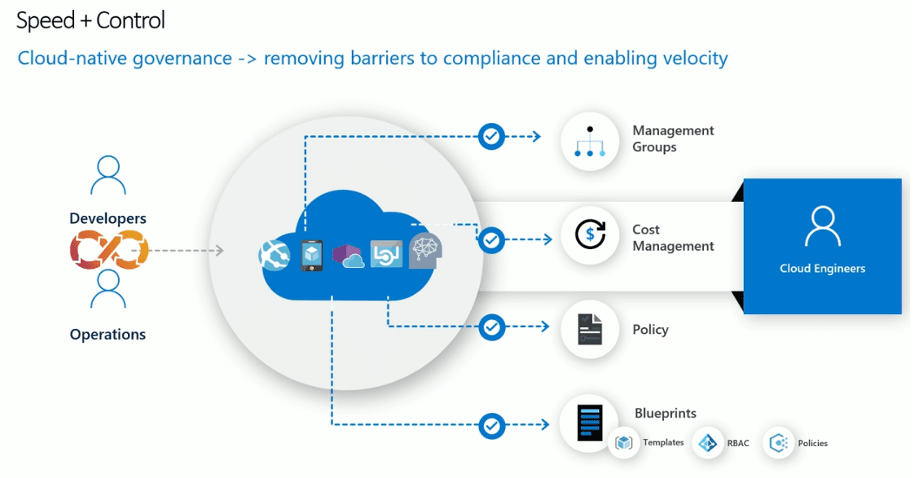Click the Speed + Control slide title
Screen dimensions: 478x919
coord(90,20)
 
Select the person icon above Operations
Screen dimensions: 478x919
coord(108,290)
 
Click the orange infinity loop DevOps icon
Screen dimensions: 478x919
coord(108,249)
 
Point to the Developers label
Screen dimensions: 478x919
coord(108,218)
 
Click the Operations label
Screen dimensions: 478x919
coord(108,335)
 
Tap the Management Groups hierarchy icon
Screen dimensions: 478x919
coord(590,141)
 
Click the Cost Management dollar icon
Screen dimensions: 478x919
coord(590,235)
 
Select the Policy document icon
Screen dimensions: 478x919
coord(590,330)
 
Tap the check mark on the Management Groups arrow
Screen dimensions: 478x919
coord(491,136)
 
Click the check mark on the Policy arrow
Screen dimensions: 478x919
coord(491,327)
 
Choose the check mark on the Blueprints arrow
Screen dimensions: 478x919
coord(491,424)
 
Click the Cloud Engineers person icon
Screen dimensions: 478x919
coord(822,227)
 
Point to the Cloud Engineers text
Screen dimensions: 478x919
coord(822,269)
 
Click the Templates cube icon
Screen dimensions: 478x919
coord(624,443)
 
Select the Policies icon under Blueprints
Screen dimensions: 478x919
coord(779,443)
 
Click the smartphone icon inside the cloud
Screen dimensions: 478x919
coord(312,256)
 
